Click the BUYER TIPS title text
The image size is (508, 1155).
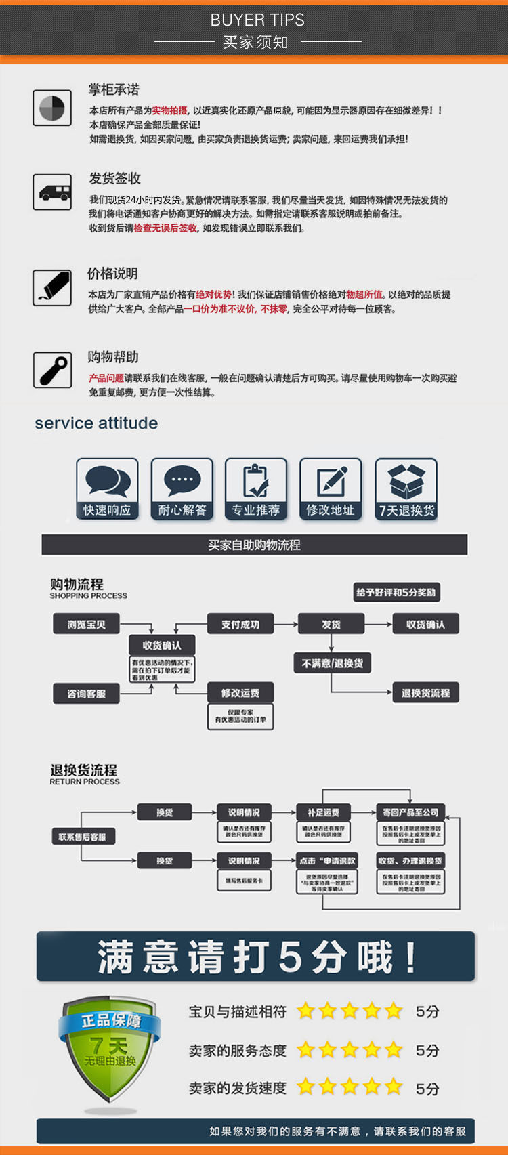pyautogui.click(x=257, y=20)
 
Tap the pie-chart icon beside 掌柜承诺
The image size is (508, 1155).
pyautogui.click(x=52, y=108)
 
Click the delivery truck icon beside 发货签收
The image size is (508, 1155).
pyautogui.click(x=52, y=192)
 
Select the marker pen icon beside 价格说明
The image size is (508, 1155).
pyautogui.click(x=52, y=287)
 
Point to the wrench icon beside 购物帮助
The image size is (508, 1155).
pyautogui.click(x=52, y=370)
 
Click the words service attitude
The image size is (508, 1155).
pyautogui.click(x=96, y=423)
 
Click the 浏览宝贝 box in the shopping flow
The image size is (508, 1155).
pyautogui.click(x=86, y=624)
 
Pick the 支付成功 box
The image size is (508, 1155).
pyautogui.click(x=240, y=624)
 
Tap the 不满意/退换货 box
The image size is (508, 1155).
pyautogui.click(x=332, y=663)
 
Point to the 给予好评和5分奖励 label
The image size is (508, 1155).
pyautogui.click(x=396, y=592)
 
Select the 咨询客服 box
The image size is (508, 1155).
pyautogui.click(x=86, y=693)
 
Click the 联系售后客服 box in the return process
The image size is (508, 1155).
pyautogui.click(x=82, y=837)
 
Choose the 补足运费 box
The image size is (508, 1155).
pyautogui.click(x=323, y=812)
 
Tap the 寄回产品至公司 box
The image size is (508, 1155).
pyautogui.click(x=410, y=812)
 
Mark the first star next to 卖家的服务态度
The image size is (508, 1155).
pyautogui.click(x=306, y=1050)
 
